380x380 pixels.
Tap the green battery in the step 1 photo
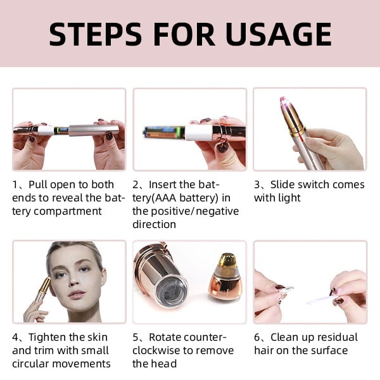(61, 130)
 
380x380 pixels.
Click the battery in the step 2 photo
(163, 133)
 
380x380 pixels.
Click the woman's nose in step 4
(75, 279)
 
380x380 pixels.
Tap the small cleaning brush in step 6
(320, 296)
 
